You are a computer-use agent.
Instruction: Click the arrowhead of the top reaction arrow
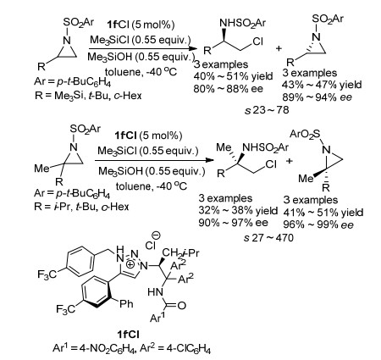pos(192,48)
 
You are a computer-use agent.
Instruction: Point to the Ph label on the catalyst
pos(126,303)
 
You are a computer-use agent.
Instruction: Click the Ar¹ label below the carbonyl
pos(157,317)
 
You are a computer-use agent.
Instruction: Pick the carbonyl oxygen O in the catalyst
pos(182,306)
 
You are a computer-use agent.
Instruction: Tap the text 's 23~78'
pos(267,110)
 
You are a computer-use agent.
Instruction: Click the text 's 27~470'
pos(268,238)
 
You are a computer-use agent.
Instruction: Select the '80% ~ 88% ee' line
pos(228,89)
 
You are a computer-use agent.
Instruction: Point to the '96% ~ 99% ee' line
pos(318,225)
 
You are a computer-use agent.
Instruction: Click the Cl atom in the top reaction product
pos(257,42)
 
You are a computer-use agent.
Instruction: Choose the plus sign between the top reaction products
pos(279,48)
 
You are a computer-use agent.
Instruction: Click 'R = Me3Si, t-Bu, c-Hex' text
pos(88,96)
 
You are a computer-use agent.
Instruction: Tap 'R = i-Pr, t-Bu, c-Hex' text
pos(81,207)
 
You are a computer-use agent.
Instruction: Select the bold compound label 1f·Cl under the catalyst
pos(129,335)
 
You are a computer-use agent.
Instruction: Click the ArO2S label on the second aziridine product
pos(305,135)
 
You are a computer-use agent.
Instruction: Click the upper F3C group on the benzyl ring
pos(47,274)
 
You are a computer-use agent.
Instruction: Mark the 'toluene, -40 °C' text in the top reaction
pos(141,72)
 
